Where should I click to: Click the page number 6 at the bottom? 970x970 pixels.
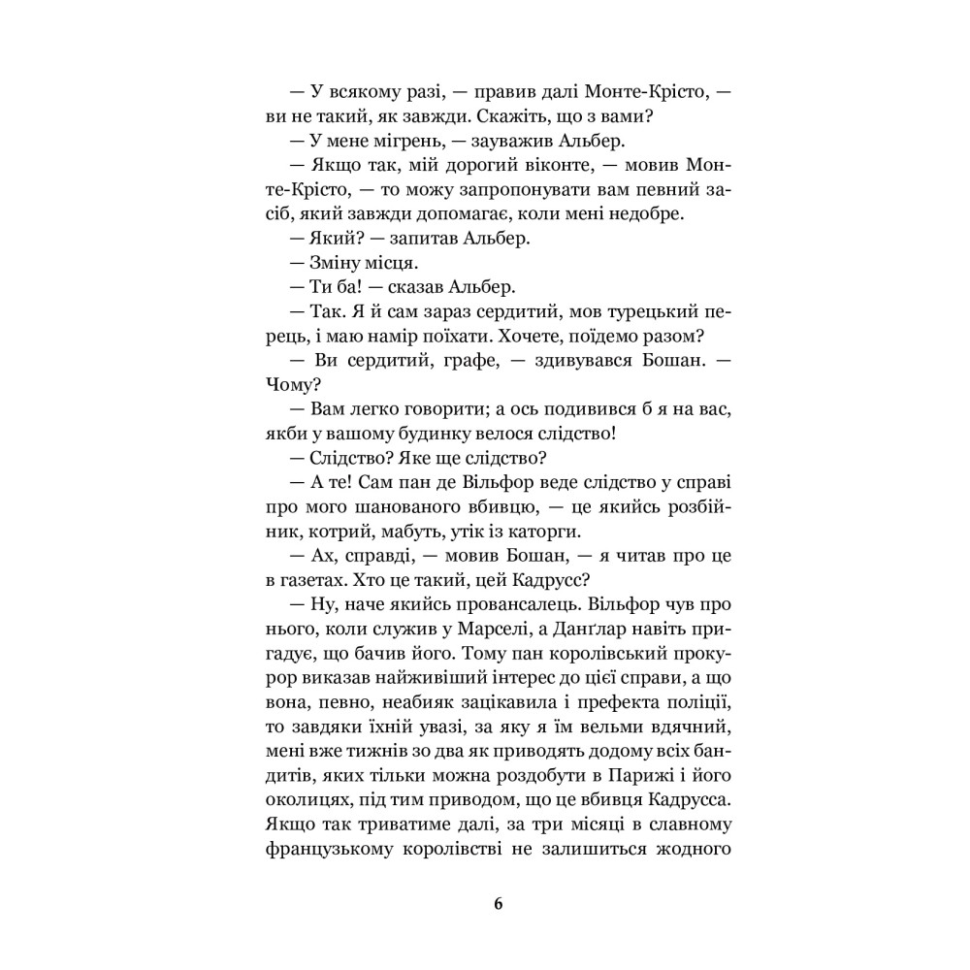coord(499,904)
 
